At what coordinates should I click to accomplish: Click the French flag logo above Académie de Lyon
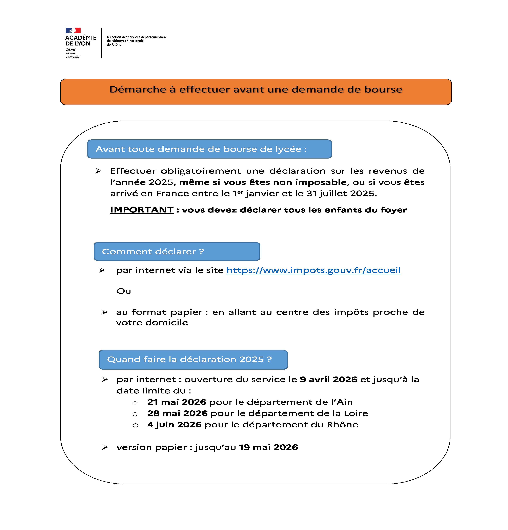(x=73, y=30)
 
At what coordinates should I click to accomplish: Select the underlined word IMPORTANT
(x=142, y=210)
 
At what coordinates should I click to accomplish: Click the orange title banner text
(x=256, y=89)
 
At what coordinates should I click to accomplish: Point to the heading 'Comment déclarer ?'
(x=153, y=251)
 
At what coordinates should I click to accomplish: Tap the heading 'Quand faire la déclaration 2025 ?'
(x=189, y=359)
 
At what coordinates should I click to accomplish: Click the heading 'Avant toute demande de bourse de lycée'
(x=201, y=149)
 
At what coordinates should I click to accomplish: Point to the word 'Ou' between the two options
(x=124, y=291)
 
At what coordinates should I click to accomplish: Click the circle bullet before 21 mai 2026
(x=135, y=403)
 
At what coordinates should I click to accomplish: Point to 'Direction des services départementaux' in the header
(x=137, y=37)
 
